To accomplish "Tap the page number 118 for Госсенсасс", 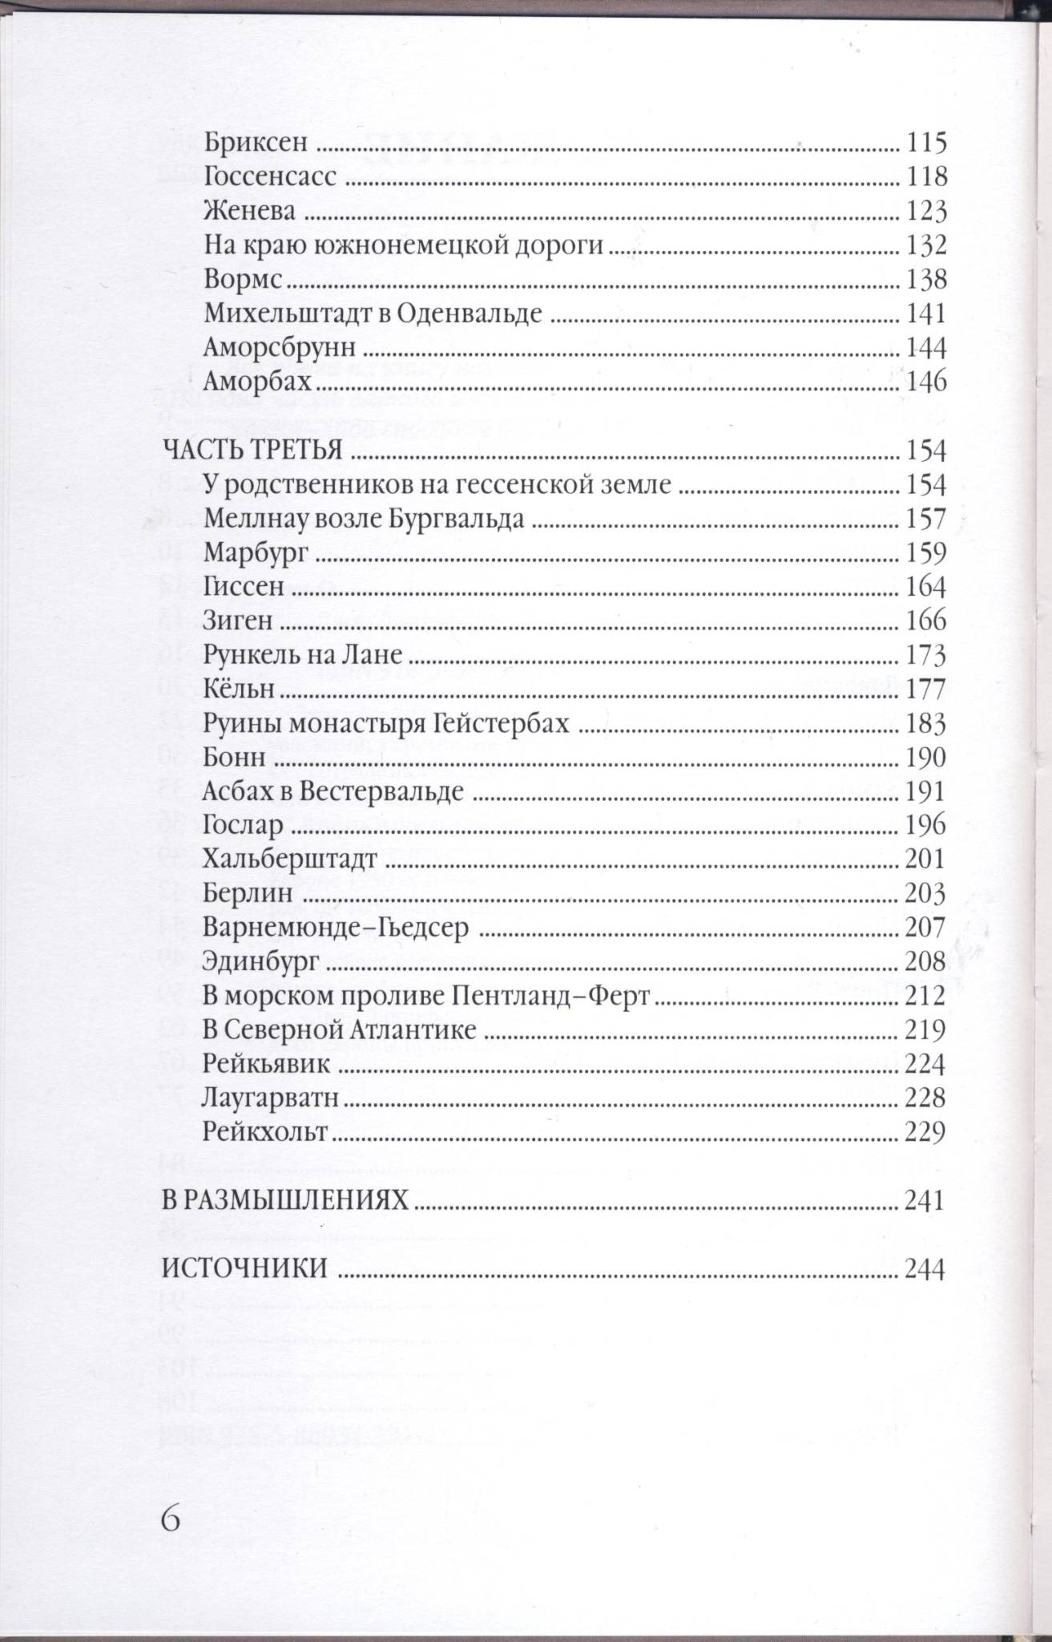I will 925,177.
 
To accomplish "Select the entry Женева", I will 249,212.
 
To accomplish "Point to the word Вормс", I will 244,280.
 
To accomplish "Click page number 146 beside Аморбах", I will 925,382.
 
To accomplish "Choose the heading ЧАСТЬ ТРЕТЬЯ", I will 253,451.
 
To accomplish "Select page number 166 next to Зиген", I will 925,621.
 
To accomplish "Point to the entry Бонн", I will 234,758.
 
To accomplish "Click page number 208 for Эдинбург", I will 925,961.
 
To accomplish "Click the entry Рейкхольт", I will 265,1132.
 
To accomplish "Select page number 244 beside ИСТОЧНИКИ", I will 925,1269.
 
